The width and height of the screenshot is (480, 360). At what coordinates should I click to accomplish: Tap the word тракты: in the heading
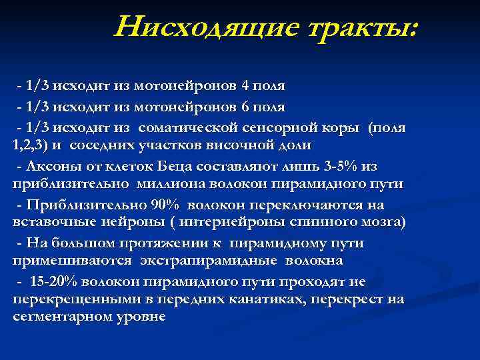351,27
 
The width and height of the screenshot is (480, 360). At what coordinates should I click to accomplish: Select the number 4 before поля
245,87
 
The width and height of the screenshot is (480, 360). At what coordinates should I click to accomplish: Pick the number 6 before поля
245,107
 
